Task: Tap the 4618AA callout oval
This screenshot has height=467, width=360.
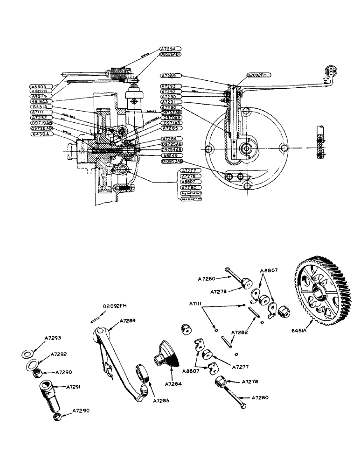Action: pos(42,100)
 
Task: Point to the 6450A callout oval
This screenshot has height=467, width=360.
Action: pos(42,134)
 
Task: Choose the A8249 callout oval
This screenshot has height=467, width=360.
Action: pos(171,155)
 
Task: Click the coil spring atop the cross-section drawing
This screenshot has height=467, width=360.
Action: pos(120,72)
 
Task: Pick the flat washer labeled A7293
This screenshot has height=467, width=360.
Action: pos(30,351)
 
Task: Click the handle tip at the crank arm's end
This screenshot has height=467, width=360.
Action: pos(330,71)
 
